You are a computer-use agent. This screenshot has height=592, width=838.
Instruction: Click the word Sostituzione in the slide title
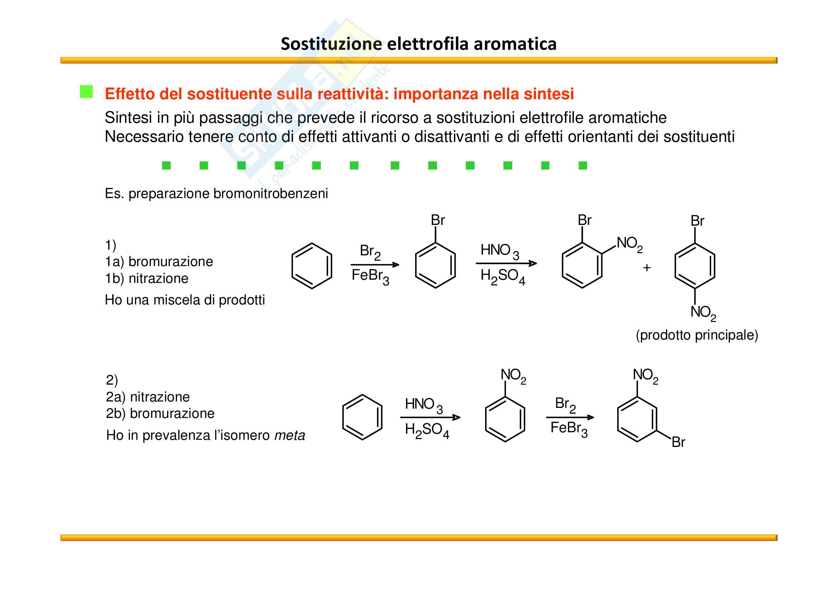[x=331, y=44]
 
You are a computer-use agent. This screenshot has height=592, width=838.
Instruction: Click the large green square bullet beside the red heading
[x=86, y=92]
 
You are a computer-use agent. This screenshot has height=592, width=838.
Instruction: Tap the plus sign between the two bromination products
[x=647, y=268]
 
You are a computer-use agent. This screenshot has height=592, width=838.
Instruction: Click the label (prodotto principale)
[x=697, y=335]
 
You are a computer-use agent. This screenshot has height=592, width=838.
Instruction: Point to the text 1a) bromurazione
[x=159, y=261]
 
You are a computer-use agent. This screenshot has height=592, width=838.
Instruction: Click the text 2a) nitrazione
[x=148, y=396]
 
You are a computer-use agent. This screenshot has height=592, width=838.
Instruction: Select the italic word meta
[x=289, y=435]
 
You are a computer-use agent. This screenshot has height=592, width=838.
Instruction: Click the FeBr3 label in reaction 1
[x=370, y=277]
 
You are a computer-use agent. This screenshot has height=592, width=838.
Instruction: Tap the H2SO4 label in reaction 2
[x=427, y=431]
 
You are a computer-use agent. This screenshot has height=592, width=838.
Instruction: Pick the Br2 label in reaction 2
[x=565, y=405]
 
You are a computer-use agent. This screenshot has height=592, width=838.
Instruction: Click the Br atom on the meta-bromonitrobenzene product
[x=678, y=442]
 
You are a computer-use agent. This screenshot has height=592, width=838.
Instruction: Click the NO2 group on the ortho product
[x=629, y=244]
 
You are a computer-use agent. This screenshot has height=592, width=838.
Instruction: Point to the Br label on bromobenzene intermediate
[x=437, y=220]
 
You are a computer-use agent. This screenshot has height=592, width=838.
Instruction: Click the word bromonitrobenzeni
[x=270, y=193]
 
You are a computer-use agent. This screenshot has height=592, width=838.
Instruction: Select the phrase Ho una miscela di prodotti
[x=185, y=300]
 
